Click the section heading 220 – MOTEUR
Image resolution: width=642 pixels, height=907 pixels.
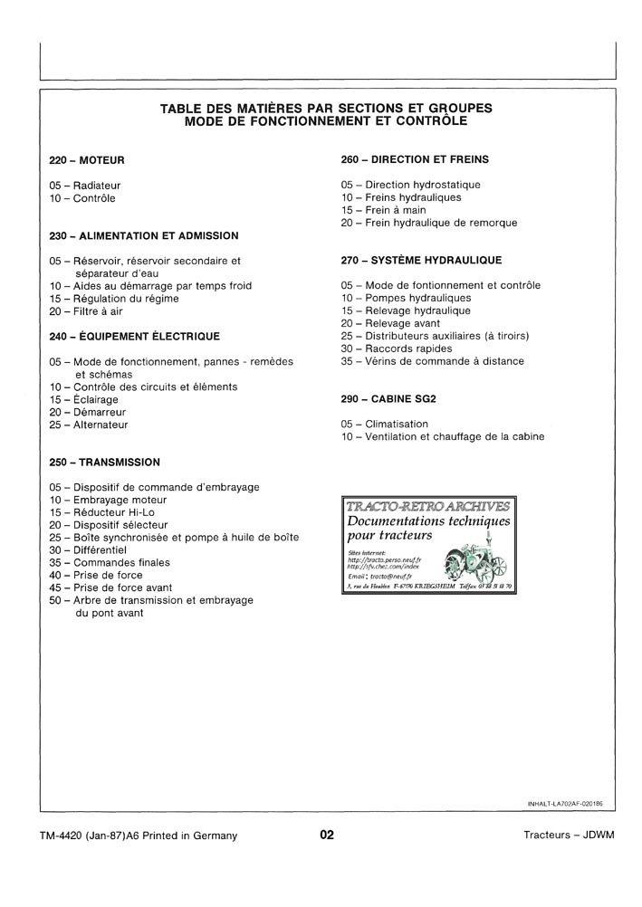click(87, 160)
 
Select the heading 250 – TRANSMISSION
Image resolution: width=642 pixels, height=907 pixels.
click(105, 462)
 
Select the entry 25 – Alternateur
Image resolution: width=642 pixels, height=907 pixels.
click(89, 425)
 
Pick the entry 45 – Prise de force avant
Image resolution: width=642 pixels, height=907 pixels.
click(110, 587)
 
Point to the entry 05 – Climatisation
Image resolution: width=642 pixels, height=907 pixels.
click(385, 424)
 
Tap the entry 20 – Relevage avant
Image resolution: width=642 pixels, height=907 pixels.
click(391, 323)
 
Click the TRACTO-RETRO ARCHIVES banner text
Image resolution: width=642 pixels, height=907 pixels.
click(426, 505)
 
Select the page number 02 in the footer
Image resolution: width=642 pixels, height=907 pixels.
click(327, 835)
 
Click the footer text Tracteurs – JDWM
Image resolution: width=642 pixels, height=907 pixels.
click(569, 835)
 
